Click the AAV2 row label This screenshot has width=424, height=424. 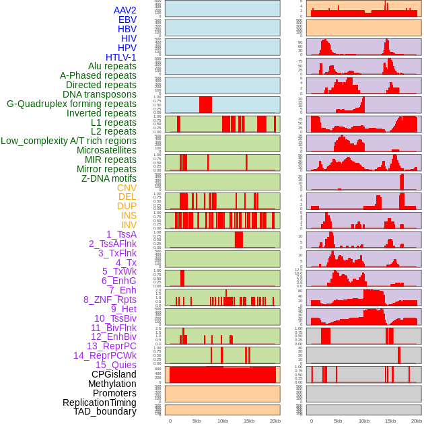[125, 10]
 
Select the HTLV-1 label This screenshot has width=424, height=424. [121, 57]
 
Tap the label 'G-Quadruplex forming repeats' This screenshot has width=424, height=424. [71, 104]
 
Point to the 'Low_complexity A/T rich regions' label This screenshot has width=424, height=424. [69, 141]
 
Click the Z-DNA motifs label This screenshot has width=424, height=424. [109, 178]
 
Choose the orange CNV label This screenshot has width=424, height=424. [127, 188]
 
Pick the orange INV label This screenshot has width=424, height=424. [129, 225]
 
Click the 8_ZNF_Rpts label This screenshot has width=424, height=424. [110, 299]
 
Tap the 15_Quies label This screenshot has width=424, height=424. [116, 365]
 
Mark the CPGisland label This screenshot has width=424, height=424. [114, 374]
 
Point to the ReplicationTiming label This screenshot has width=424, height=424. [100, 402]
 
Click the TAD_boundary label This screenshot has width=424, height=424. [105, 411]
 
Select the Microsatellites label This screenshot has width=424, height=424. [106, 150]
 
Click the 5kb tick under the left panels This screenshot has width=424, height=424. [197, 421]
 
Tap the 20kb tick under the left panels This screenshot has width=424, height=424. [275, 421]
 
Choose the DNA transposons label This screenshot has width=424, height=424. [100, 94]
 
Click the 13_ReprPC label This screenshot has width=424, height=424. [112, 346]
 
